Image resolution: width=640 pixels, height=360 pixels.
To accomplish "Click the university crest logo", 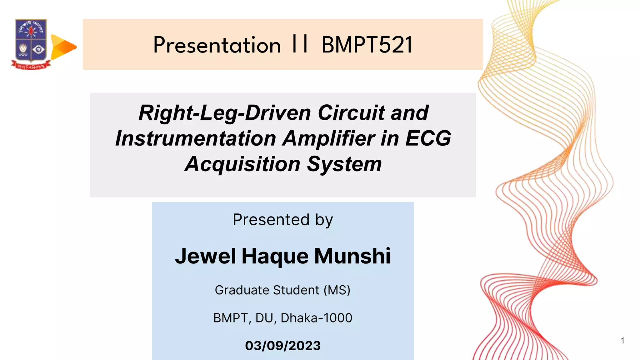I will click(31, 44).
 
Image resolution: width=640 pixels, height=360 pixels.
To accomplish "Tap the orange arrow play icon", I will click(63, 47).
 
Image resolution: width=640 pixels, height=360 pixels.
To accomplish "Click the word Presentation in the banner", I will click(217, 45).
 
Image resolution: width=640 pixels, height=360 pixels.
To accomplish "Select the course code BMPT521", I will click(367, 45).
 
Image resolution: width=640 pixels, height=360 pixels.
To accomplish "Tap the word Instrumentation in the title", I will click(196, 138).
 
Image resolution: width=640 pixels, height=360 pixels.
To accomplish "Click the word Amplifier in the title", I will click(328, 138).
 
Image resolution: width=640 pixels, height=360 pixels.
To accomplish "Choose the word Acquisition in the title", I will click(242, 164).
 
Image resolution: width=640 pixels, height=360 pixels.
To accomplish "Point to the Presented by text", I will click(283, 220).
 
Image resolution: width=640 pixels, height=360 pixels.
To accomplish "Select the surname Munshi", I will click(352, 256).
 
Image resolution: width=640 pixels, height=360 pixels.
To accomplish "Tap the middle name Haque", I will click(275, 256).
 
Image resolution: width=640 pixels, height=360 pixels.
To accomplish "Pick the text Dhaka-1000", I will click(316, 318).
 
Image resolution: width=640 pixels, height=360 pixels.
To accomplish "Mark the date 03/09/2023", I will click(283, 346).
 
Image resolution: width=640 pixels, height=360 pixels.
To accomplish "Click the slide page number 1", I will click(622, 341).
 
